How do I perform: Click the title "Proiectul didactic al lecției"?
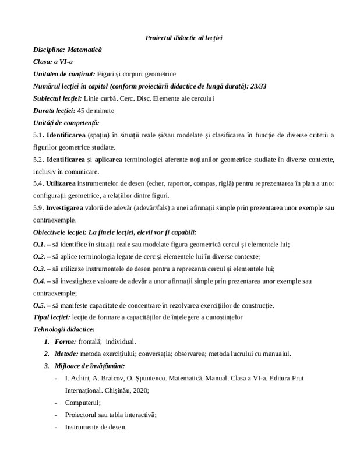click(184, 38)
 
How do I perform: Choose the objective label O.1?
click(40, 244)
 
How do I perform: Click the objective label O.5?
click(40, 305)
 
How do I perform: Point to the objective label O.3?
click(40, 269)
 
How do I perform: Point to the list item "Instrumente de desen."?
click(97, 426)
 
